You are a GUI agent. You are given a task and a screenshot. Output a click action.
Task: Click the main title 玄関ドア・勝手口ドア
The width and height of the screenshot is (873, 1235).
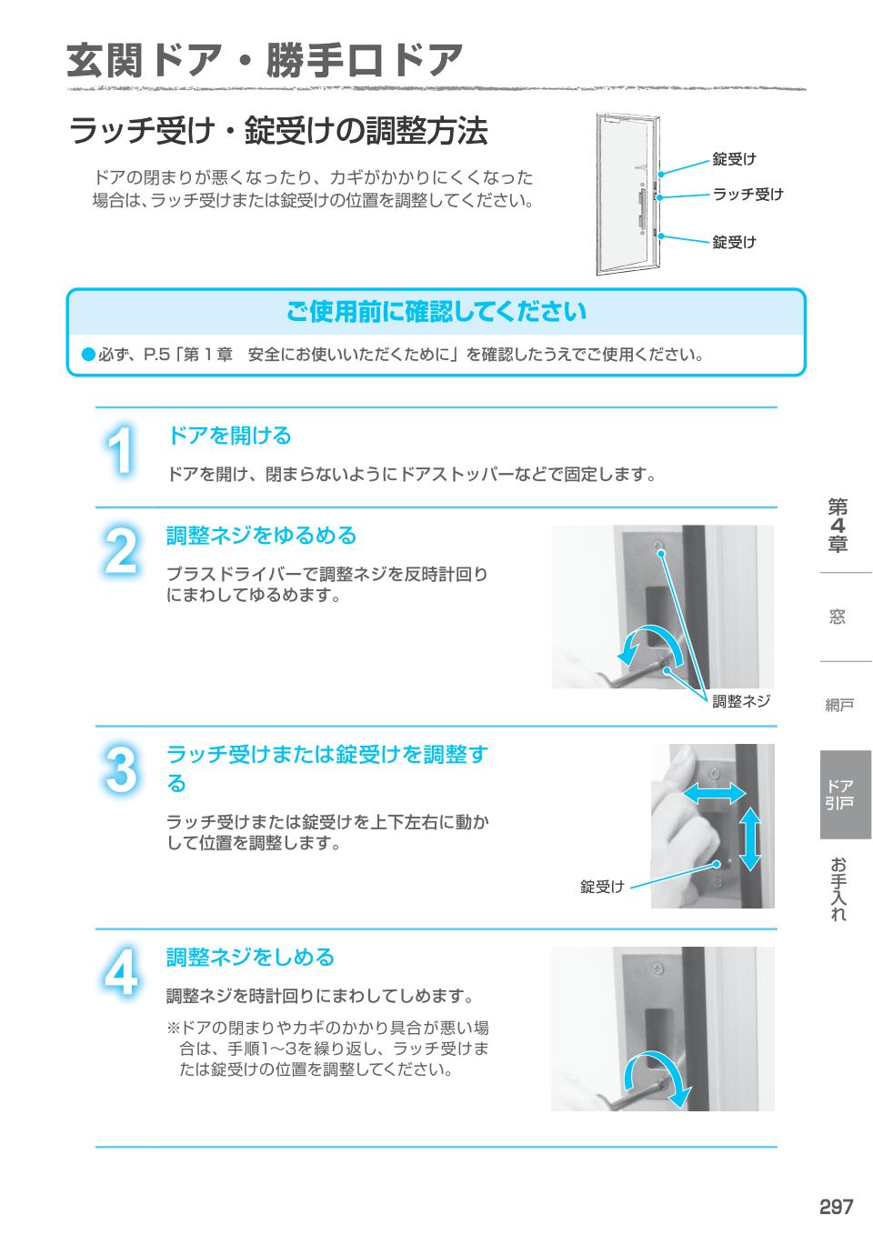tap(265, 61)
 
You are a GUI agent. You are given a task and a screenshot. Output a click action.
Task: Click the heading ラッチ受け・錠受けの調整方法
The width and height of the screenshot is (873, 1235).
tap(278, 131)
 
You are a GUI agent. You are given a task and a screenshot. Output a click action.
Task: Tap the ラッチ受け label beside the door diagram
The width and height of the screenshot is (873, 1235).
tap(747, 194)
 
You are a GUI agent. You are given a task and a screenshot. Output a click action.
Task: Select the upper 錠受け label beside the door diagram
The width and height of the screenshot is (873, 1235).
tap(734, 159)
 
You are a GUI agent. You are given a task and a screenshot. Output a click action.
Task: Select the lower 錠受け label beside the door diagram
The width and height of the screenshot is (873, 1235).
tap(734, 242)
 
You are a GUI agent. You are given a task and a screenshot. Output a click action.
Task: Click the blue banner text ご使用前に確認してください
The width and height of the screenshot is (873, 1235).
tap(436, 312)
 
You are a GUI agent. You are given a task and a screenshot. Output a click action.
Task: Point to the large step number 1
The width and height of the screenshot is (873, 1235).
tap(120, 451)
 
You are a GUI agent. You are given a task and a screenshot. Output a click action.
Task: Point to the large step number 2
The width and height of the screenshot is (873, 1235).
tap(120, 551)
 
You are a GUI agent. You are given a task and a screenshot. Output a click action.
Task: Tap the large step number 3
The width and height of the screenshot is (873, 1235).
tap(120, 769)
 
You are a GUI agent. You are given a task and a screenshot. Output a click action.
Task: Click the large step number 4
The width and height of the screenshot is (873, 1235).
tap(120, 972)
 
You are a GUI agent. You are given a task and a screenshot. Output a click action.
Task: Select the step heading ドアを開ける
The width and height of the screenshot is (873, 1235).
tap(229, 436)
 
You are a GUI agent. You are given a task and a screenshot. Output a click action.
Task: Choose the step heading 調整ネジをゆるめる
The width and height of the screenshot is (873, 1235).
tap(261, 536)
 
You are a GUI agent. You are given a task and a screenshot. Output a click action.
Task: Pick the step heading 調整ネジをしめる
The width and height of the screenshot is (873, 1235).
tap(250, 957)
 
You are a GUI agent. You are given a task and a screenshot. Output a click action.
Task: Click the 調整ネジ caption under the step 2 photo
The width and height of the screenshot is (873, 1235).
tap(740, 701)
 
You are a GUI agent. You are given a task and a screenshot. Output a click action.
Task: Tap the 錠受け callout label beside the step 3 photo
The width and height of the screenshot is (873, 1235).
tap(602, 887)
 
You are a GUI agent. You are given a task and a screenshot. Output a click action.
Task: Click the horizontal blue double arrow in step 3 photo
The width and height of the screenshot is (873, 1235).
tap(714, 794)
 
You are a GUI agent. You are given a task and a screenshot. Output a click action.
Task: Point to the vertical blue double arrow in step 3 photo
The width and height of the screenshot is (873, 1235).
tap(750, 838)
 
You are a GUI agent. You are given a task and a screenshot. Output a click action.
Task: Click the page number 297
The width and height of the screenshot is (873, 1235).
tap(836, 1207)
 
